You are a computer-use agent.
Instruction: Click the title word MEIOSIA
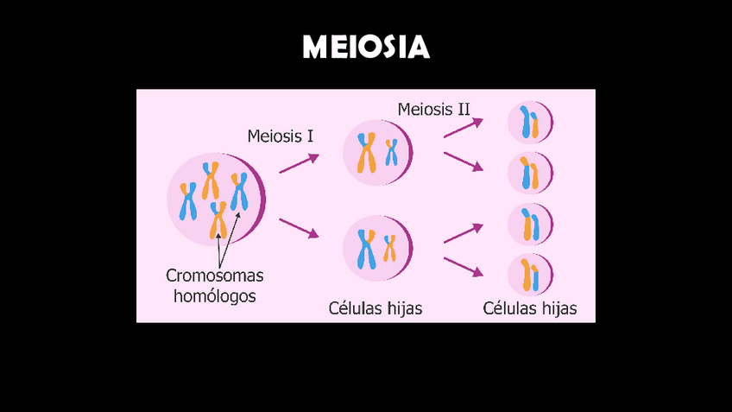(x=366, y=48)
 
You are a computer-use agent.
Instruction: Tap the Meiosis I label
(x=280, y=136)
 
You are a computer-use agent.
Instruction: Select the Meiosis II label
(x=433, y=110)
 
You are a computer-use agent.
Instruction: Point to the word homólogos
(x=214, y=296)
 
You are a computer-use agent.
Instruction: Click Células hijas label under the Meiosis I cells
(x=375, y=307)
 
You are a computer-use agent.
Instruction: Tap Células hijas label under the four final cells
(x=529, y=307)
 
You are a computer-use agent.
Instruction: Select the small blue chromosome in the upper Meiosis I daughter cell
(x=392, y=152)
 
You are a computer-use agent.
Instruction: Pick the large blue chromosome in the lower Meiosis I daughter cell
(x=367, y=249)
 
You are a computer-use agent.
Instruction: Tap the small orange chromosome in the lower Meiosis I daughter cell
(x=390, y=247)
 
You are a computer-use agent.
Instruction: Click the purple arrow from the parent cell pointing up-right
(x=300, y=163)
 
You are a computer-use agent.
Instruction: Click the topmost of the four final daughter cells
(x=529, y=124)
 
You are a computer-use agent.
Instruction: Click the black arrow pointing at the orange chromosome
(x=218, y=244)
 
